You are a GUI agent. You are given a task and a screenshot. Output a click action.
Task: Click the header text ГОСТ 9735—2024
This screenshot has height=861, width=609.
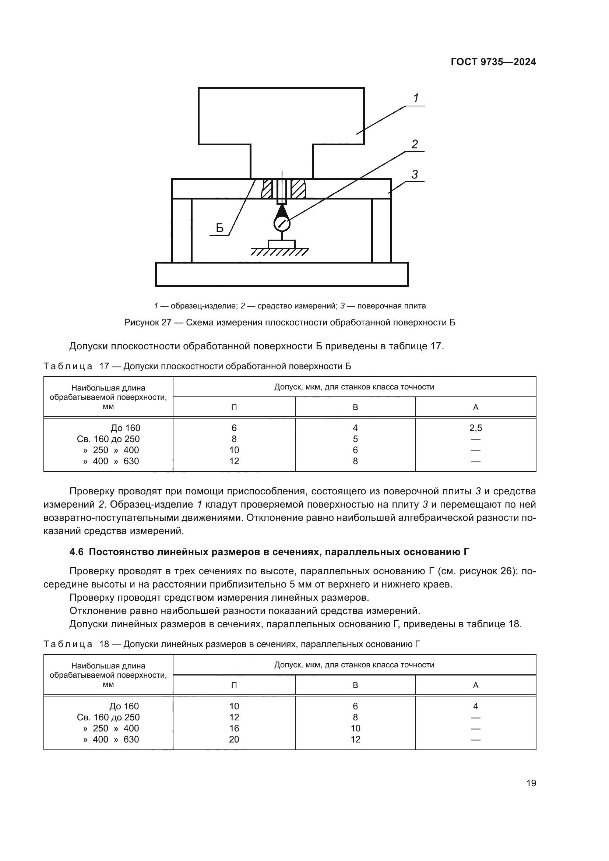(x=493, y=62)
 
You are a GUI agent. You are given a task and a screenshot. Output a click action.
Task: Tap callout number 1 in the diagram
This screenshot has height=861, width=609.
(x=416, y=98)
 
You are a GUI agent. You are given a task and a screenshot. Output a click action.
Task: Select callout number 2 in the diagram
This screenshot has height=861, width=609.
(x=414, y=144)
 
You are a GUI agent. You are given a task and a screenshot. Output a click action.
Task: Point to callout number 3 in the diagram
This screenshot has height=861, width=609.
(x=414, y=175)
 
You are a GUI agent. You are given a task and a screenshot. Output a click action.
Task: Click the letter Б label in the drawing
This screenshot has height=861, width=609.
(x=220, y=228)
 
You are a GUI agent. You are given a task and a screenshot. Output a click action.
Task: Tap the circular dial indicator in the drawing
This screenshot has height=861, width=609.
(x=282, y=225)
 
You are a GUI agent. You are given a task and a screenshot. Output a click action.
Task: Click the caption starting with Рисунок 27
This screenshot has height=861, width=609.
(x=289, y=322)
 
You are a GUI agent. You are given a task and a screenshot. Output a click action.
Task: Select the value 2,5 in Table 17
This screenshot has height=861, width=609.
(x=475, y=428)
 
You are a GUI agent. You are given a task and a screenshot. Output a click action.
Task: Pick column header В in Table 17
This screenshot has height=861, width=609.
(x=355, y=407)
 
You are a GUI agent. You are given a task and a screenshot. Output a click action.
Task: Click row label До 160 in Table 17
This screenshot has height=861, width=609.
(x=125, y=428)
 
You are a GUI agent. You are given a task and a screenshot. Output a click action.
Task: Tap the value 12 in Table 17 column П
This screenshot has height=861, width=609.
(x=234, y=461)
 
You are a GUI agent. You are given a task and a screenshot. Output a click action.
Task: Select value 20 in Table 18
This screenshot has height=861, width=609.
(x=234, y=739)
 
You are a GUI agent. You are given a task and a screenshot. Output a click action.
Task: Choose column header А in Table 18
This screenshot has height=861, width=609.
(x=475, y=685)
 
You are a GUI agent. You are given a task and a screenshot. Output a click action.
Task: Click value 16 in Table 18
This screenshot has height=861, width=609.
(x=234, y=728)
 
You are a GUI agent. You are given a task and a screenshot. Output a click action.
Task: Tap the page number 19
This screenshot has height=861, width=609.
(x=531, y=783)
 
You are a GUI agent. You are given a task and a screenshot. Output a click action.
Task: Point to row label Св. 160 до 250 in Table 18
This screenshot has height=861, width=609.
(x=108, y=717)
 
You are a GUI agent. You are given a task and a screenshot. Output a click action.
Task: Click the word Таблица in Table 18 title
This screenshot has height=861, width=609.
(x=68, y=644)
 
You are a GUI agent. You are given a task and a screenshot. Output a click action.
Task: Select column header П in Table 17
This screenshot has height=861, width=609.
(x=234, y=407)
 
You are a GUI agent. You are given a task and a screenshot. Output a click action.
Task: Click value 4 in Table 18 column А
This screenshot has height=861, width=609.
(x=475, y=706)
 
